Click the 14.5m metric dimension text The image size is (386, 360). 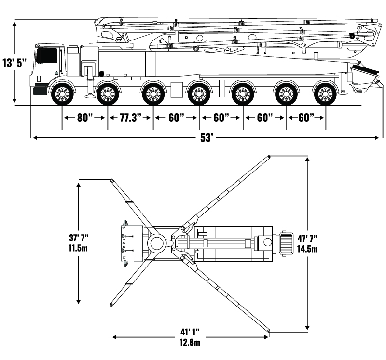click(x=307, y=249)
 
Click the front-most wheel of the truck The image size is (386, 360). click(x=62, y=94)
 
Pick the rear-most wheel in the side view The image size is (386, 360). click(x=325, y=94)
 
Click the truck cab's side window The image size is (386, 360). click(x=47, y=55)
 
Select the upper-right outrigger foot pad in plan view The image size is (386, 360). click(x=268, y=156)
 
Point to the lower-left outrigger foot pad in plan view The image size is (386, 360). click(x=110, y=305)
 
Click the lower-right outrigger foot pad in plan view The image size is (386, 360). click(x=269, y=331)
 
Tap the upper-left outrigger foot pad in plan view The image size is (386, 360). click(x=111, y=181)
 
